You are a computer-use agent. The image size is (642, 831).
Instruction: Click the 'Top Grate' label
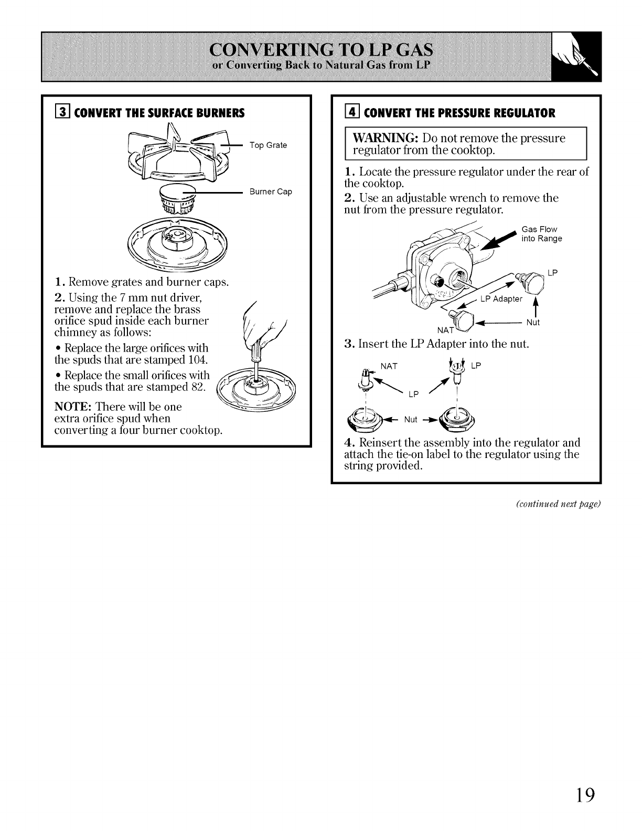pos(268,145)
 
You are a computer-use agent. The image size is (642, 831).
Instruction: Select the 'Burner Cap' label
pos(271,192)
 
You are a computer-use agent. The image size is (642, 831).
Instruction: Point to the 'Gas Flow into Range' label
pos(542,234)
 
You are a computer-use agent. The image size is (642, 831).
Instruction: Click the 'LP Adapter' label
pos(501,299)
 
